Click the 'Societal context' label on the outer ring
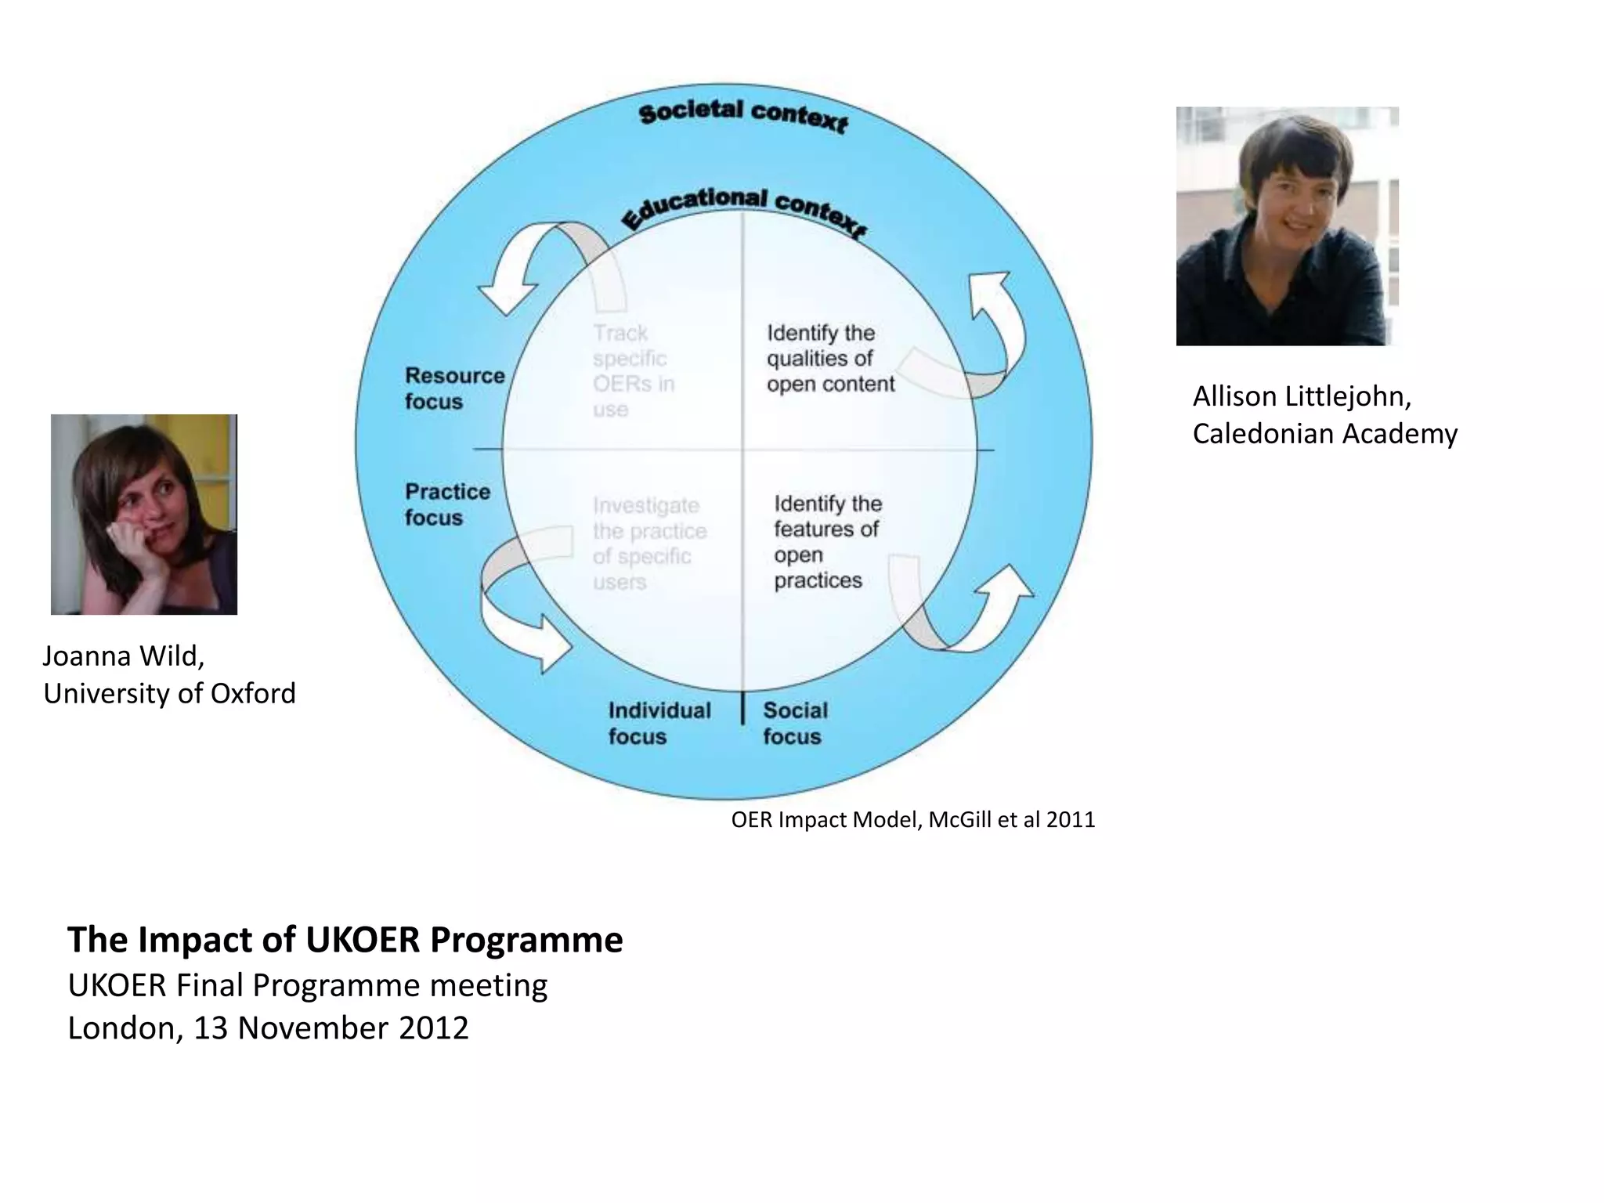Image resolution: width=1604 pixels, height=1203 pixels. [x=742, y=116]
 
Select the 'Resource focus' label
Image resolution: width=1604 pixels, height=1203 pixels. [x=454, y=388]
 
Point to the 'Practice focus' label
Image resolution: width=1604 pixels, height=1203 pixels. [x=447, y=504]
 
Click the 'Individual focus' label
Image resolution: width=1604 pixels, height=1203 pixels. [x=659, y=723]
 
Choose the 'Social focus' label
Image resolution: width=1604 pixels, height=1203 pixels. [x=795, y=723]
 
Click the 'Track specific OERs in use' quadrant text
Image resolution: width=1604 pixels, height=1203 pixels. [x=633, y=371]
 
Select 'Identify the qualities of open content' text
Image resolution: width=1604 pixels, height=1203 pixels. [x=830, y=359]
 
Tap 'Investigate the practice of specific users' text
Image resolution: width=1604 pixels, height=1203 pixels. [x=649, y=544]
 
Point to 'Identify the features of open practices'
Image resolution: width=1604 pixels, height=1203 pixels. [x=827, y=542]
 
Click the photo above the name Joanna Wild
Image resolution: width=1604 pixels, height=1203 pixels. [x=144, y=515]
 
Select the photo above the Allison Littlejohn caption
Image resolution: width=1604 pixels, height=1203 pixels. [x=1287, y=226]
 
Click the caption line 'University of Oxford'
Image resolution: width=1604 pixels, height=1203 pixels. [x=169, y=694]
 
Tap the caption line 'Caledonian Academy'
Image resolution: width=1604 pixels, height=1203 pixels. [x=1324, y=434]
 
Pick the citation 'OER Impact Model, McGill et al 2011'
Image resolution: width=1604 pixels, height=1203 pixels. [x=912, y=820]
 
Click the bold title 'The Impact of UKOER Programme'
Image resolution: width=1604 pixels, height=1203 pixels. [x=345, y=940]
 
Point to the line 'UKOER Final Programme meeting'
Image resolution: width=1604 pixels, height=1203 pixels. [x=307, y=985]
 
